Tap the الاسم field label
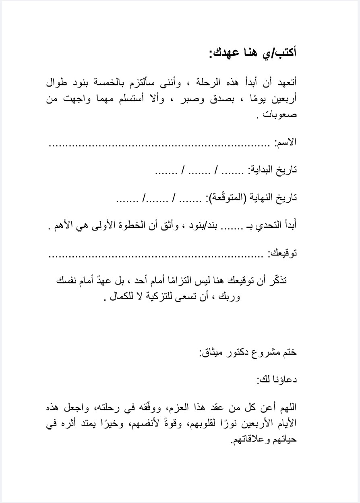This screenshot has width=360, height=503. pos(286,142)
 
